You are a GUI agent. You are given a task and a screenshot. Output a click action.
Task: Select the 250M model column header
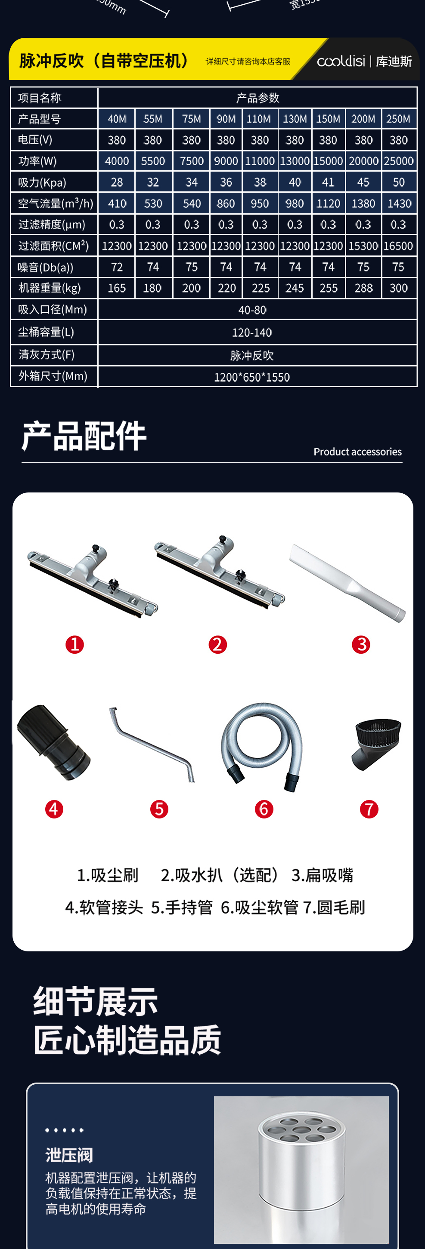point(398,119)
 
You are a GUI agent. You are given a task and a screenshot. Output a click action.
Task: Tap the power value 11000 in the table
point(260,161)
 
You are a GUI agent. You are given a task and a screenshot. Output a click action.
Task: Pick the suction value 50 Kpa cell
point(398,182)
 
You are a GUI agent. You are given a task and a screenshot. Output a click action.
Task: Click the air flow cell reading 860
point(226,203)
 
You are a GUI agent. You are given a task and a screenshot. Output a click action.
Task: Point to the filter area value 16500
point(398,246)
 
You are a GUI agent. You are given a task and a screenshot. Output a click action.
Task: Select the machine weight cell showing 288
point(363,288)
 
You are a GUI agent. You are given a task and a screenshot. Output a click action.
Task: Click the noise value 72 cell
point(117,267)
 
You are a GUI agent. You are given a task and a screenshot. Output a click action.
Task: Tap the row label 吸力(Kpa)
point(42,182)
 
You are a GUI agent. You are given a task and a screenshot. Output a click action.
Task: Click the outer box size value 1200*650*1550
point(252,377)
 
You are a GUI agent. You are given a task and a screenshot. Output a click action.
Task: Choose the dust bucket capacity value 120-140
point(252,332)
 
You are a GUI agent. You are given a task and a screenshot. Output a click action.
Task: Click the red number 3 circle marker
point(361,644)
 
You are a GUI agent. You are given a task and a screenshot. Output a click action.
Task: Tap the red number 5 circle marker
point(159,809)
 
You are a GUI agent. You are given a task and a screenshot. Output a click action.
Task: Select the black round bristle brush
point(376,743)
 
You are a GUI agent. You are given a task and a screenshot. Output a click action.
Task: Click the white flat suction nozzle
point(347,582)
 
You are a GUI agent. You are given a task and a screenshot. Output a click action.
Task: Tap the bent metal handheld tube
point(152,744)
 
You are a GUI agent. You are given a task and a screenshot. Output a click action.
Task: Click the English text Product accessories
point(357,452)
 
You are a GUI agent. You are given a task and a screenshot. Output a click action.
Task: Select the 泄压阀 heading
point(69,1155)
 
